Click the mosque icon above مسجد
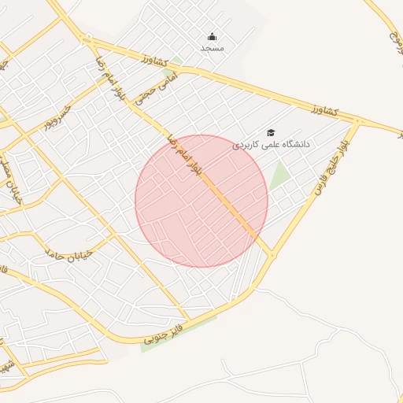tap(212, 36)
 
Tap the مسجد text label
tap(213, 48)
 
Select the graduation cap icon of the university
tap(272, 133)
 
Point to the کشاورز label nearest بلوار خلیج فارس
tap(324, 109)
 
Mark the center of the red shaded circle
tap(201, 201)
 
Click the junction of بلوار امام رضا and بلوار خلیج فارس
tap(273, 255)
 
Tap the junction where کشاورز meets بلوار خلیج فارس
tap(357, 121)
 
